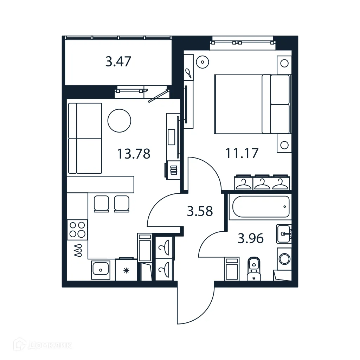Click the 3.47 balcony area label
click(x=118, y=62)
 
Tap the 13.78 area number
click(x=134, y=154)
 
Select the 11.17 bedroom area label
click(x=242, y=153)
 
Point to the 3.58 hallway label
click(x=200, y=211)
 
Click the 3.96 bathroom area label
click(x=251, y=239)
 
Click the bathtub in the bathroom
click(x=260, y=207)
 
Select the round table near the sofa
click(x=119, y=120)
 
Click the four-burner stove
click(x=77, y=230)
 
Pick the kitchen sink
click(x=101, y=270)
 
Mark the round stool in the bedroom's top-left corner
click(x=202, y=62)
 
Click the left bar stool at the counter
click(x=102, y=203)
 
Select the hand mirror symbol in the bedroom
click(x=188, y=73)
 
